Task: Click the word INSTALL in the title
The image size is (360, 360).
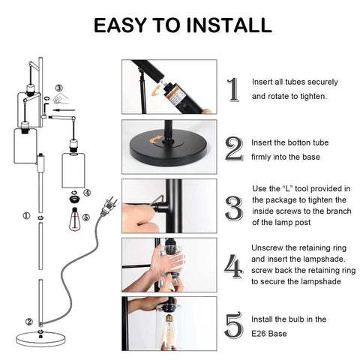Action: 223,25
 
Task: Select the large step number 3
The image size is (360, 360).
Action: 235,207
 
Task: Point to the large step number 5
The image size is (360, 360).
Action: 235,325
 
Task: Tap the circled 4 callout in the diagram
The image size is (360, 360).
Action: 86,193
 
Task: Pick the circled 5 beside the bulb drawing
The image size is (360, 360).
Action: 86,219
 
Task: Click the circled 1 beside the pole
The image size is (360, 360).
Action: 26,216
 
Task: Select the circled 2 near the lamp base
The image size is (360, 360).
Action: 28,322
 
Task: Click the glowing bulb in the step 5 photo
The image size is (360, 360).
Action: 169,333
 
